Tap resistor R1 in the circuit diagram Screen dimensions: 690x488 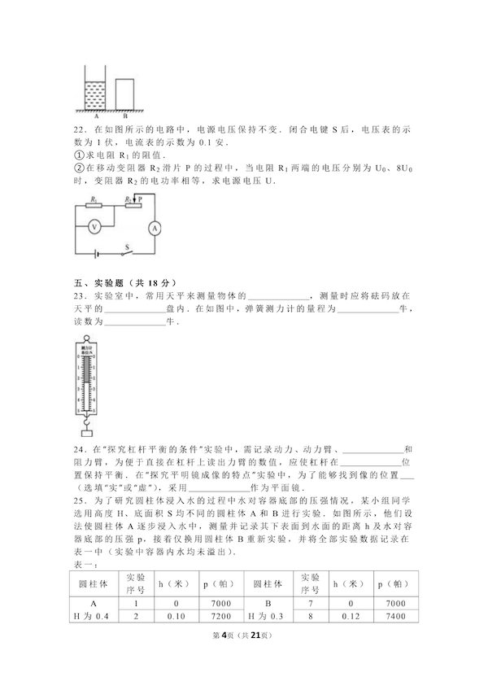point(96,205)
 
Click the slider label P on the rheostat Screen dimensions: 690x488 point(140,198)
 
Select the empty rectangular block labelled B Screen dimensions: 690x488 point(124,94)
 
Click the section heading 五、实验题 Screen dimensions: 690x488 point(97,282)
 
